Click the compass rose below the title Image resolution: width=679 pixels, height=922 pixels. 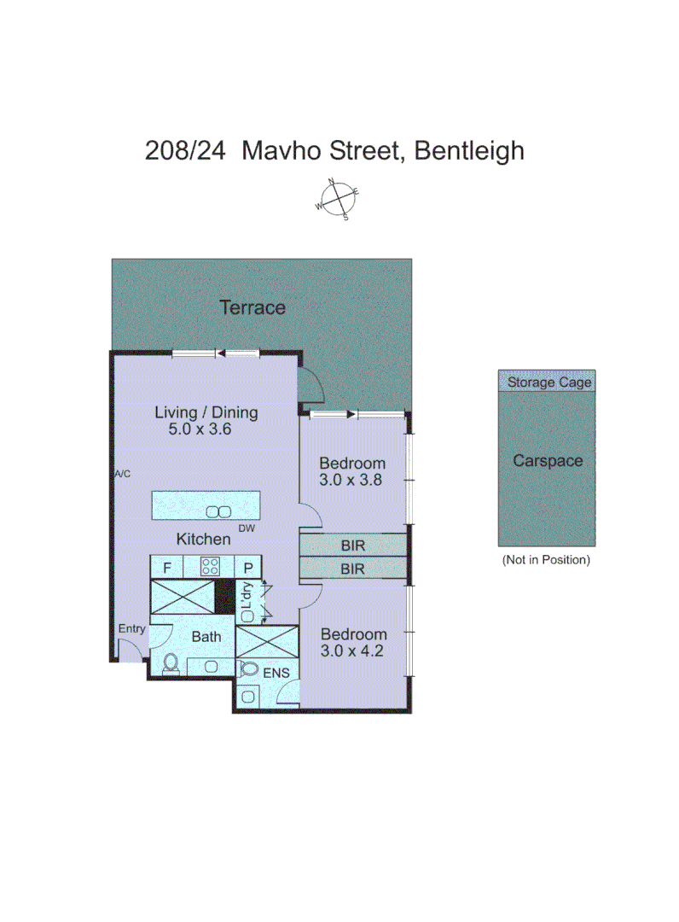(x=338, y=200)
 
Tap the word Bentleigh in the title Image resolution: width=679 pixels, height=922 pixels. (x=468, y=151)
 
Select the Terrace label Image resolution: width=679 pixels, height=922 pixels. (x=252, y=307)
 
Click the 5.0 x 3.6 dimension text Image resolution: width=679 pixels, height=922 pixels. (x=200, y=429)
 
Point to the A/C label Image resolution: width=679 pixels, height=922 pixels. (x=123, y=474)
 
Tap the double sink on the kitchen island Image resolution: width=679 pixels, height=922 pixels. (x=218, y=511)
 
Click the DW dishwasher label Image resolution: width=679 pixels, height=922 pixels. (x=247, y=529)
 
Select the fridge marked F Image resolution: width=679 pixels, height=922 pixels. (x=167, y=565)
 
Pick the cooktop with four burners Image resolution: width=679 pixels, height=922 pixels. (x=210, y=565)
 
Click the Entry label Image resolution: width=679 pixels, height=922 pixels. (x=132, y=629)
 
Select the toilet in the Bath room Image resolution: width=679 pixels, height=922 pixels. (x=170, y=663)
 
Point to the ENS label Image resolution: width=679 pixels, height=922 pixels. (x=276, y=674)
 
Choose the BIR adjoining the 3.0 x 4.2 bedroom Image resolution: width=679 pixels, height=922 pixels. (x=352, y=569)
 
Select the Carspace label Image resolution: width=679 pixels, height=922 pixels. (x=548, y=461)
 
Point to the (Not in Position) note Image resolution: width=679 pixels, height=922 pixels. (x=546, y=560)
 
